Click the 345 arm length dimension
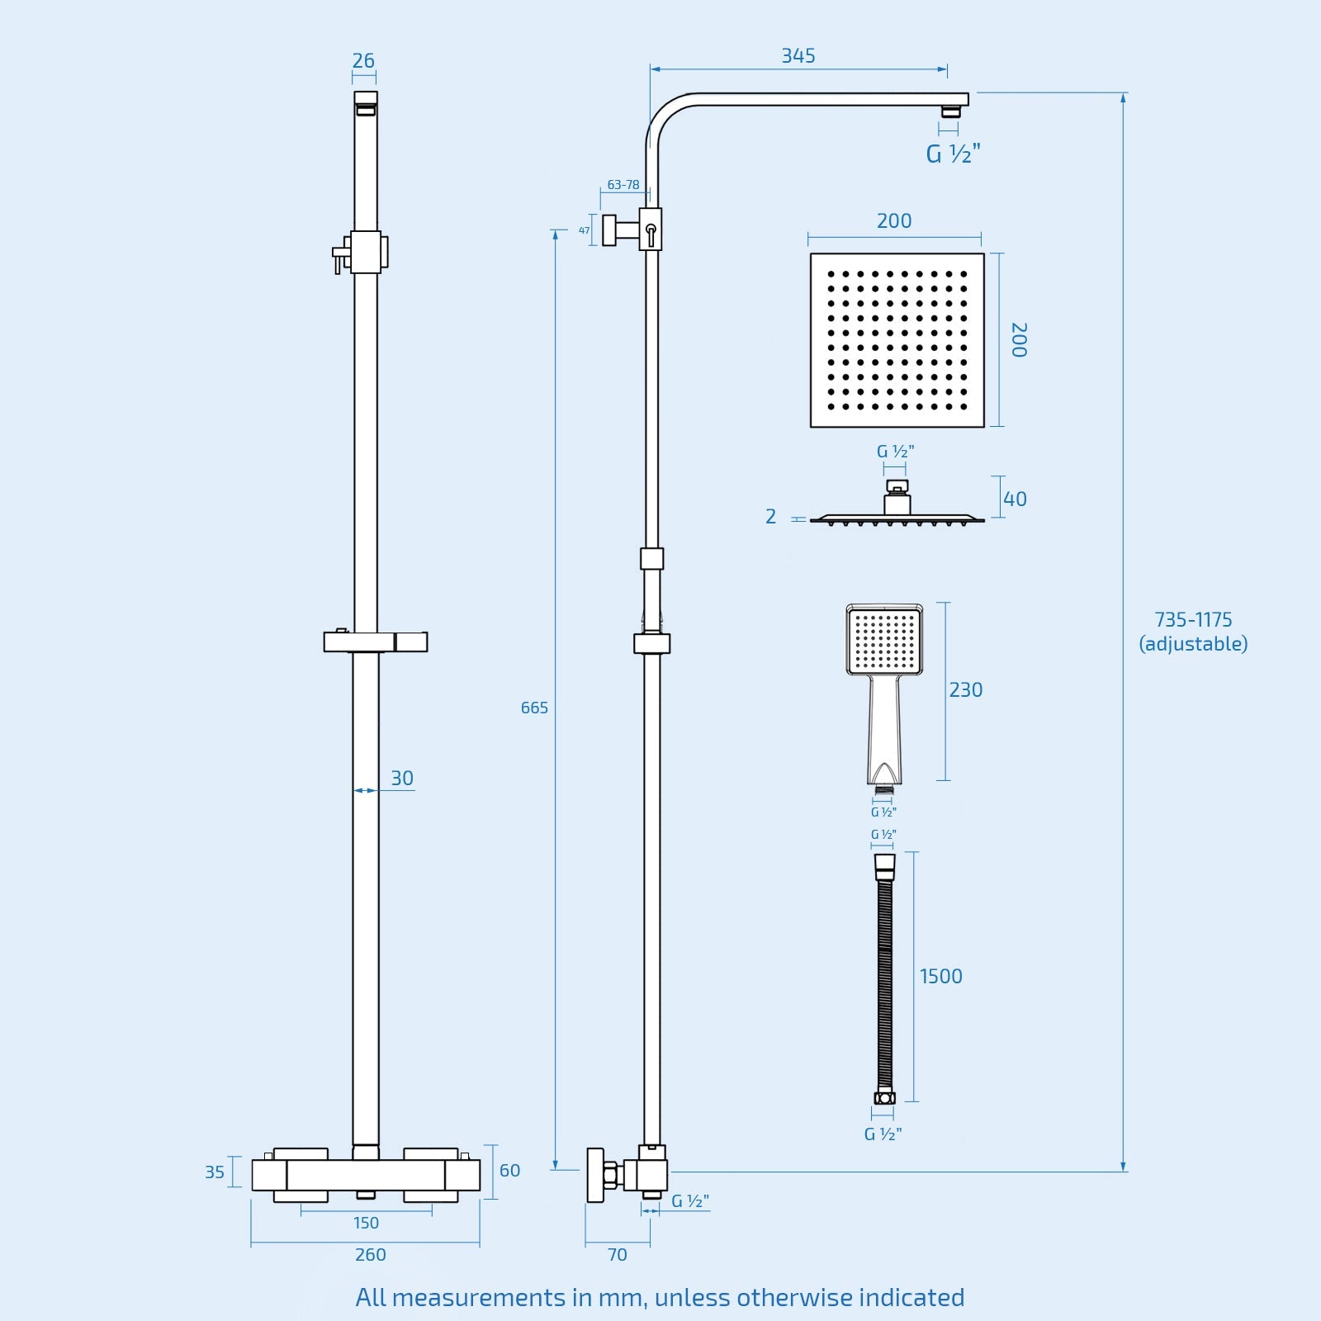tap(798, 56)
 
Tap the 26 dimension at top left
tap(363, 61)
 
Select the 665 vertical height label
tap(534, 708)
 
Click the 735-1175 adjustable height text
tap(1193, 620)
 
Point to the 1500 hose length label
tap(941, 977)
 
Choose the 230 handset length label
tap(965, 690)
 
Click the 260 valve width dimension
tap(370, 1255)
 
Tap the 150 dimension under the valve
tap(366, 1223)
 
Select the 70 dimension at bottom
tap(617, 1255)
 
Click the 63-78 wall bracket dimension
tap(623, 185)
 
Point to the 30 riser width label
tap(402, 779)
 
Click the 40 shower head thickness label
tap(1015, 500)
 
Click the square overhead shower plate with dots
tap(897, 340)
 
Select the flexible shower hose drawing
tap(885, 978)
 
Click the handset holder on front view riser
tap(376, 642)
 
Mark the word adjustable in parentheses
tap(1193, 644)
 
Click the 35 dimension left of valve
tap(215, 1172)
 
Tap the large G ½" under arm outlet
tap(953, 154)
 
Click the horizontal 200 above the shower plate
tap(894, 221)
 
